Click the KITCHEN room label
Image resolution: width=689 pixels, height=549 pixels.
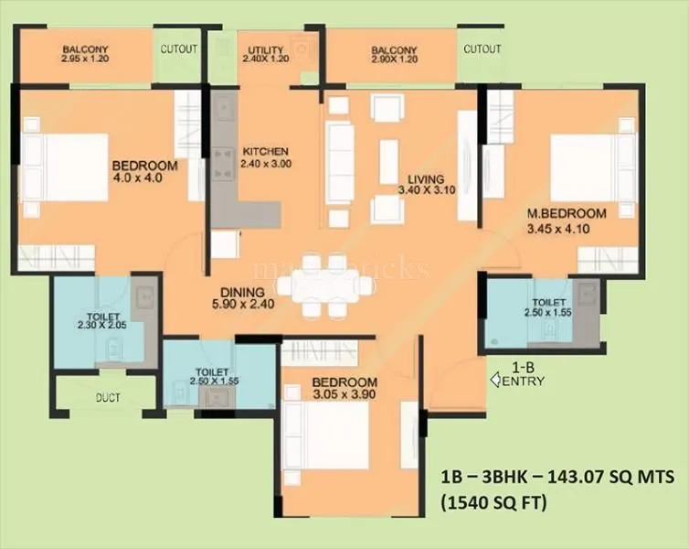point(265,152)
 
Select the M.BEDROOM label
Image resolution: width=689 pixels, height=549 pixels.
point(567,213)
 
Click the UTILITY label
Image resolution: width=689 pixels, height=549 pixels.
point(265,50)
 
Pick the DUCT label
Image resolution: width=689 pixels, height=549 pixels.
point(110,399)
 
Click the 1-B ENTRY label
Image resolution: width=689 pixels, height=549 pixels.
point(521,375)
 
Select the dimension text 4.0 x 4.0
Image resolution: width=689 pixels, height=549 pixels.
point(137,178)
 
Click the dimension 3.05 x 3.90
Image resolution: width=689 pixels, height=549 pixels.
point(344,394)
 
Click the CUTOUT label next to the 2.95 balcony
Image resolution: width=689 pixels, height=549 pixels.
point(180,48)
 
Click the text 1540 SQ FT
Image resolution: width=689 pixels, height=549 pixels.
point(497,501)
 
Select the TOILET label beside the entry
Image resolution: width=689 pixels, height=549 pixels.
point(548,301)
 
